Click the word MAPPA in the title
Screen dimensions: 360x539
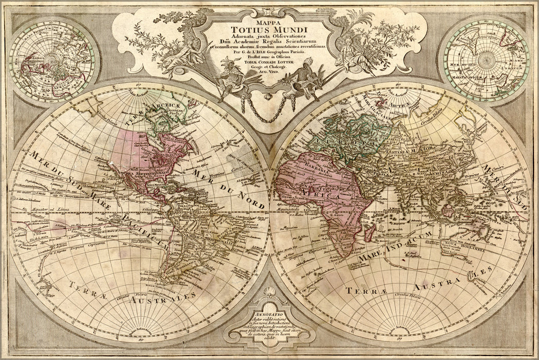click(x=269, y=15)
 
